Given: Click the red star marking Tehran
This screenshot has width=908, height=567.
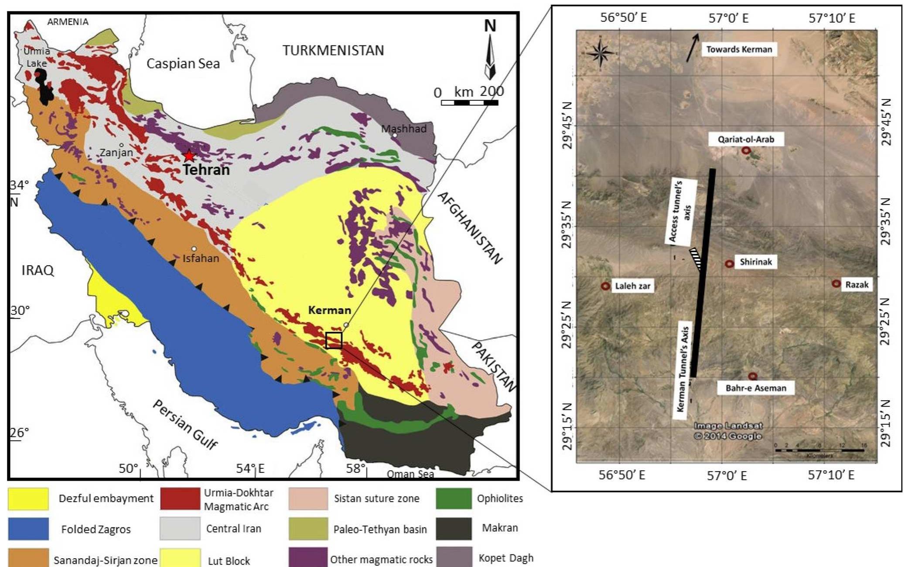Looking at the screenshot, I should (x=189, y=156).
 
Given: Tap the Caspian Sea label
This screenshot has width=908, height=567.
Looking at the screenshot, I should (x=183, y=64).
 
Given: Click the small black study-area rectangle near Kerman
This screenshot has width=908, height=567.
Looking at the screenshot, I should (x=334, y=340).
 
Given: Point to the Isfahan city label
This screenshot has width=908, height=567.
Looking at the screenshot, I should (x=201, y=258).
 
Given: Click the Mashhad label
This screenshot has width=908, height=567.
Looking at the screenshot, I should (x=403, y=129).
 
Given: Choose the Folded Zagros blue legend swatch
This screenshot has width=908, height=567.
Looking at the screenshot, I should (x=28, y=529).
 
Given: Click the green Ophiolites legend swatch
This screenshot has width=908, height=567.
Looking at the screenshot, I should (x=454, y=499).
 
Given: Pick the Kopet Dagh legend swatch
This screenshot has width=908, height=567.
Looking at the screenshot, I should (x=454, y=558).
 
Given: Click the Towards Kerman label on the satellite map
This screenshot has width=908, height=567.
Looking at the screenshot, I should (x=739, y=49).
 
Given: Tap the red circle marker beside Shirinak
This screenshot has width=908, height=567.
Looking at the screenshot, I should (x=729, y=264).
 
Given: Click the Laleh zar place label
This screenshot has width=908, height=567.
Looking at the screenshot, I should (x=632, y=286).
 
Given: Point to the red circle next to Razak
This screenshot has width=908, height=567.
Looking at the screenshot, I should (x=836, y=284).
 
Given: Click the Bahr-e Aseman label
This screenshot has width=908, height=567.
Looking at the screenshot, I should (x=756, y=388).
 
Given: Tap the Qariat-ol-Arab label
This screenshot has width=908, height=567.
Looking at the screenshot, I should (x=746, y=140).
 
